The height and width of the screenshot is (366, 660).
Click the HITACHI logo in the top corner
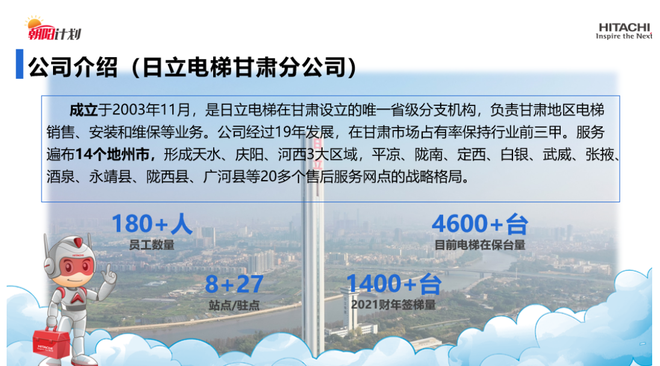coord(624,31)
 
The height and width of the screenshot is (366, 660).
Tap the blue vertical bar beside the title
coord(19,64)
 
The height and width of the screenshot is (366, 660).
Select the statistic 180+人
coord(152,223)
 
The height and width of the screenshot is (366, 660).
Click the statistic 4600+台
coord(480,223)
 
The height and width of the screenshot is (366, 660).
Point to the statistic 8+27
coord(234,284)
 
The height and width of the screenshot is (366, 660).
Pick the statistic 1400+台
coord(394,283)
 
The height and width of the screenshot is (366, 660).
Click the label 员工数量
coord(152,245)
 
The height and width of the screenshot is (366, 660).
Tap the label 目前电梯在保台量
coord(480,245)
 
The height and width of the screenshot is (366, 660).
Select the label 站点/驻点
coord(234,305)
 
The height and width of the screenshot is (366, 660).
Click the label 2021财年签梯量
coord(393,305)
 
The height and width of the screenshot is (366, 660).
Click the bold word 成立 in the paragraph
coord(83,110)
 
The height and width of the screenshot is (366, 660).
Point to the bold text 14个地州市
coord(113,154)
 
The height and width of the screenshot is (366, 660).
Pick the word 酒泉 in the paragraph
coord(60,177)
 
